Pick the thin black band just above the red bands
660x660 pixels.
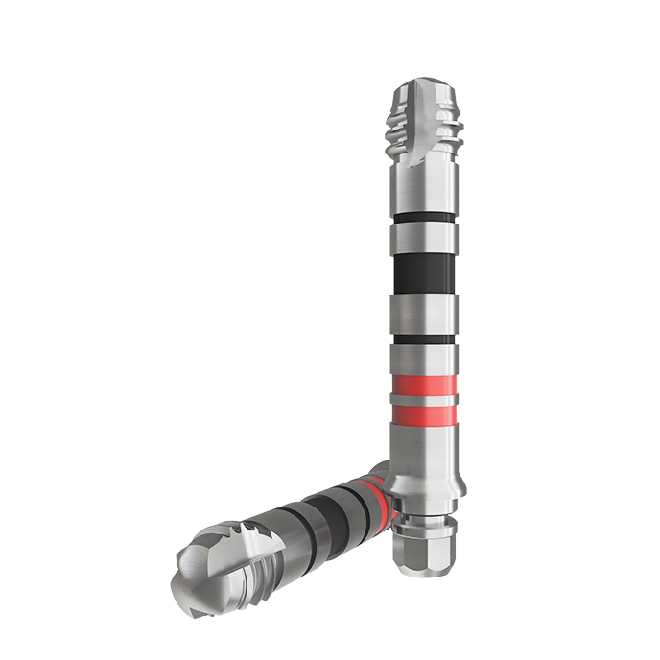(424, 340)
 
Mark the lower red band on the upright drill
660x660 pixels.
(424, 414)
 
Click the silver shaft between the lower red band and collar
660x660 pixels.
(424, 447)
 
